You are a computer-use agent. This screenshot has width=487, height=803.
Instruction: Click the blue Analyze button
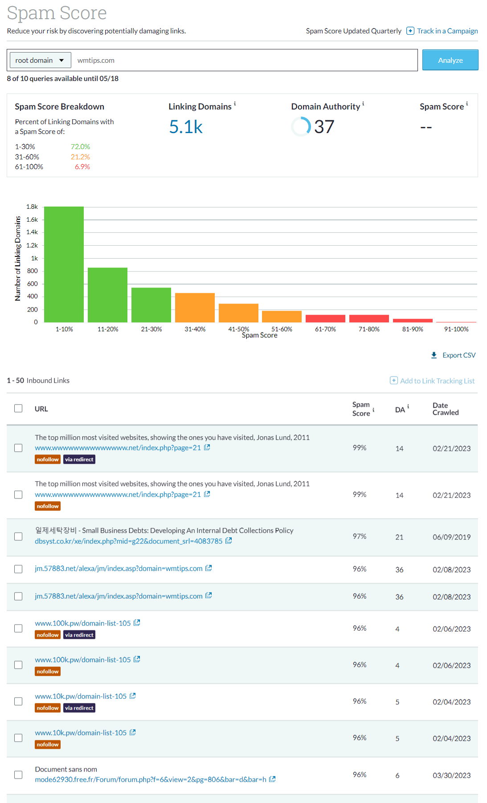click(x=450, y=60)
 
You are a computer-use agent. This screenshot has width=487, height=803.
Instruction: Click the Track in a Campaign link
click(x=447, y=31)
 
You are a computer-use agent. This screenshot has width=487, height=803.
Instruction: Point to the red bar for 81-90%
click(x=413, y=320)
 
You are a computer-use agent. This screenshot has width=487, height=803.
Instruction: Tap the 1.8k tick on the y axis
click(x=32, y=207)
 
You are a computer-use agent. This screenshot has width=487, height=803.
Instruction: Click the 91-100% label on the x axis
click(x=456, y=329)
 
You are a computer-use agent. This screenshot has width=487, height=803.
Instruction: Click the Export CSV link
click(x=458, y=355)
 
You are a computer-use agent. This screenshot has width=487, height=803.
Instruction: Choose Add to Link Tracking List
click(x=437, y=381)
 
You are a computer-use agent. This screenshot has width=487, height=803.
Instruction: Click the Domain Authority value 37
click(x=324, y=127)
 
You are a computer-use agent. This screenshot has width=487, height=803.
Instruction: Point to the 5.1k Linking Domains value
click(x=186, y=127)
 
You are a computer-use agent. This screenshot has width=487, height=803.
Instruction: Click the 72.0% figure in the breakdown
click(x=80, y=146)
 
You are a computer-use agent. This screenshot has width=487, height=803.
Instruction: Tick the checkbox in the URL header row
click(x=18, y=408)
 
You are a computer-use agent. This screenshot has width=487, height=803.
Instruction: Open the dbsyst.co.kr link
click(x=128, y=541)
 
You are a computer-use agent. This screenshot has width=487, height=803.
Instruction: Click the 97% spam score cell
click(x=360, y=536)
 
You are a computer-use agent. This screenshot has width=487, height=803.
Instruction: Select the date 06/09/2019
click(x=451, y=537)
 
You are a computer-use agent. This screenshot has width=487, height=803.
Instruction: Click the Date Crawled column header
click(x=445, y=409)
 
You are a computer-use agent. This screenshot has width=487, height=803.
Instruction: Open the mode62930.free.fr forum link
click(x=150, y=779)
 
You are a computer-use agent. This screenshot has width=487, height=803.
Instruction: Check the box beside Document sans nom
click(x=18, y=775)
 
